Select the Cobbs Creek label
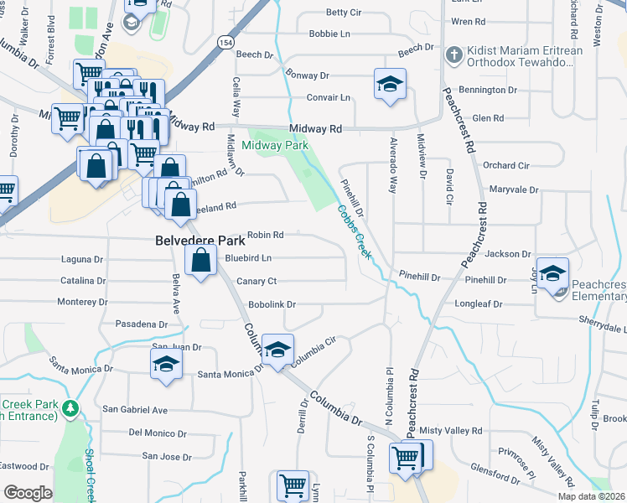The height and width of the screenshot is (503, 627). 354,232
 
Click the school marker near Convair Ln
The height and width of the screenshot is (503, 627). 390,85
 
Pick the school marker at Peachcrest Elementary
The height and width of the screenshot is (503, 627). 552,274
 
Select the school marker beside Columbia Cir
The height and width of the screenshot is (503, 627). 277,350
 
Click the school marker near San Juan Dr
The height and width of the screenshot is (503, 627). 167,365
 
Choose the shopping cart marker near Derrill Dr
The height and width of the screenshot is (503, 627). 293,485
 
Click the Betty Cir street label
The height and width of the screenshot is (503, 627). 343,13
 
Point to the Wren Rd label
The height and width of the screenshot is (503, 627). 468,21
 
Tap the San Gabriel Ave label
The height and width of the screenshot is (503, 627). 135,410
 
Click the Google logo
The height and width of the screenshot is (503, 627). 28,492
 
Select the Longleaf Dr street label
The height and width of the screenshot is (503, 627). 479,304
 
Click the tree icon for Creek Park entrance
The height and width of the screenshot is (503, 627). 72,408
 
